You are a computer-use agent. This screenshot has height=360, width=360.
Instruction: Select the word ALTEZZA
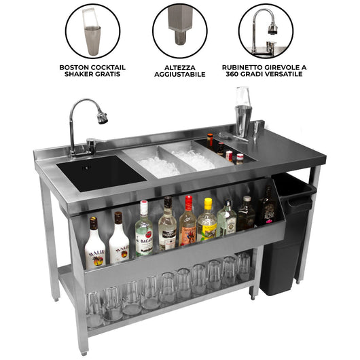point(179,67)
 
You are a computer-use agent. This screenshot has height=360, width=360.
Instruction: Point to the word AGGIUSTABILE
point(179,75)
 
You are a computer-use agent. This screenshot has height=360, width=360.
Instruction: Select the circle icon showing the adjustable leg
point(179,31)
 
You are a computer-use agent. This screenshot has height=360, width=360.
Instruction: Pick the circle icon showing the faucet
point(266,31)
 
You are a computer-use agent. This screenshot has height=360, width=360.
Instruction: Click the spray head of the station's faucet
point(102,118)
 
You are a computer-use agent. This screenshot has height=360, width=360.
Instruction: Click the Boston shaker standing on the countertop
point(242,112)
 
